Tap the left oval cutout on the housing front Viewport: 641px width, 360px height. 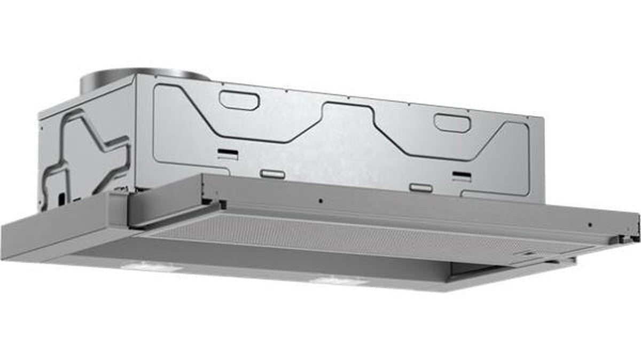coord(240,100)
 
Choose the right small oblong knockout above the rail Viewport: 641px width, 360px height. coord(421,187)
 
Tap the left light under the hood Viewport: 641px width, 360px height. coord(143,265)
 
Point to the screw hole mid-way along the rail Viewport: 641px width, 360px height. coord(319,201)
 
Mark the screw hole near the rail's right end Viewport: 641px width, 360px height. coord(589,224)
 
